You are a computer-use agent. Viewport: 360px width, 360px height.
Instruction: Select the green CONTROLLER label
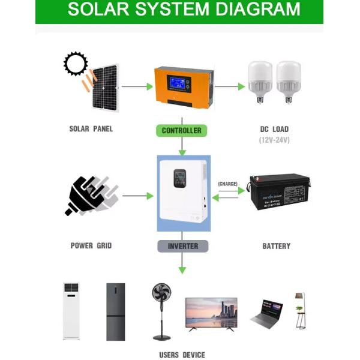click(181, 130)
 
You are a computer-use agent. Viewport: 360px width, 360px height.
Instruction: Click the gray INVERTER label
click(182, 246)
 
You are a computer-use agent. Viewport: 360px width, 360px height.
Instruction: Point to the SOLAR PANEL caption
click(91, 129)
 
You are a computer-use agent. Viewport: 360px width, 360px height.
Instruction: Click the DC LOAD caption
click(274, 129)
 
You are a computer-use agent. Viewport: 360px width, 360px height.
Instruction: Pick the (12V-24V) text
click(274, 140)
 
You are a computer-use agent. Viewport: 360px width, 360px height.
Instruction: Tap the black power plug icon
click(88, 195)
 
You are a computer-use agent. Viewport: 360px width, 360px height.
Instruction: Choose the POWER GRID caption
click(91, 246)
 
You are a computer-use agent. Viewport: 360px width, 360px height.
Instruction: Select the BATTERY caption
click(276, 246)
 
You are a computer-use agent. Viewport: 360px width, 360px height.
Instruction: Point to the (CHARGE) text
click(227, 184)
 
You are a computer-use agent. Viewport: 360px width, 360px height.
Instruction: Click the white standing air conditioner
click(71, 311)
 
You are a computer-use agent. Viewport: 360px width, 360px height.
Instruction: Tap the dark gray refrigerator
click(115, 311)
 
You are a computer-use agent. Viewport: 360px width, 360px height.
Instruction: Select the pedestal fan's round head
click(163, 296)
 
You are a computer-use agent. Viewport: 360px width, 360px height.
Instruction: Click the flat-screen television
click(211, 313)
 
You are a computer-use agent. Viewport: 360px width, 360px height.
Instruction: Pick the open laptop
click(266, 314)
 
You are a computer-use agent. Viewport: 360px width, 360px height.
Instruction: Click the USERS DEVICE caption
click(182, 355)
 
